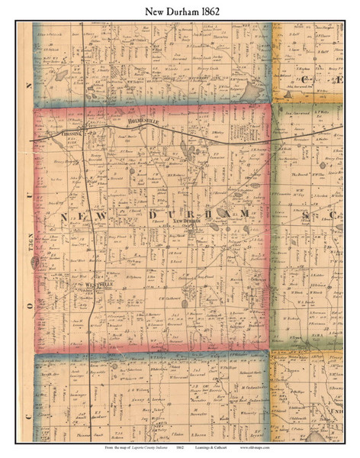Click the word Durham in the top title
(178, 11)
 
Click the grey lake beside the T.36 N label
(35, 261)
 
